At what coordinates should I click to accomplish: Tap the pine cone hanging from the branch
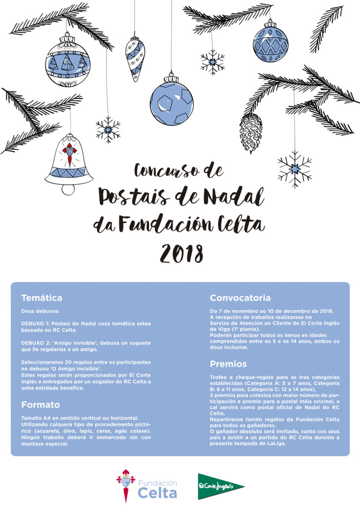250,132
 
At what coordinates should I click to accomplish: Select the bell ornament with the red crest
69,164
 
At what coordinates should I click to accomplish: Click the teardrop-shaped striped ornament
135,58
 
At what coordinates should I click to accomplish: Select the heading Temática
42,298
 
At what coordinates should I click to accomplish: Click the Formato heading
41,404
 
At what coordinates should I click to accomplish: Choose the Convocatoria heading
240,298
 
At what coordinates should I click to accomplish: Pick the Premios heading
228,364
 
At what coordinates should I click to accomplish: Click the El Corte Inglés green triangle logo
220,487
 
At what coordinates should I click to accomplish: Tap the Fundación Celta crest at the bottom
125,485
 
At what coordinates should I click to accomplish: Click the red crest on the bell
69,153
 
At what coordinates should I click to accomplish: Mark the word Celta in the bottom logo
157,493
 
